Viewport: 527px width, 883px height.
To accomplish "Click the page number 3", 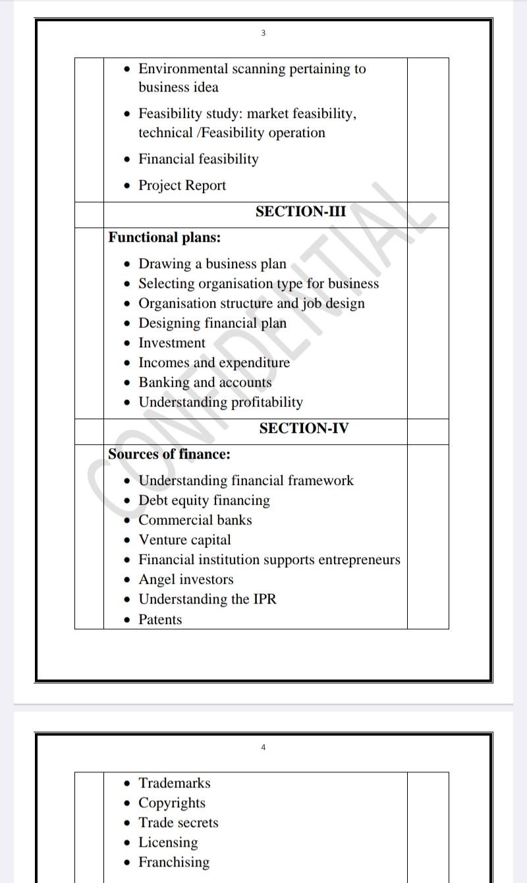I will (x=263, y=34).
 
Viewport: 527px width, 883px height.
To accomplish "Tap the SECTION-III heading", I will (x=300, y=212).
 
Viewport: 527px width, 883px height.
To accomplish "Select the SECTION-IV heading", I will (x=304, y=428).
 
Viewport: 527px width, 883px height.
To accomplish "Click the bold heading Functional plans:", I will (x=164, y=237).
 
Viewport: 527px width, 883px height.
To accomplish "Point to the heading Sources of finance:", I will (x=169, y=454).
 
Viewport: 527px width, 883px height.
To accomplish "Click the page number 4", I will (x=263, y=747).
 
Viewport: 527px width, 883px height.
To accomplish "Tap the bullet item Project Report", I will (x=182, y=186).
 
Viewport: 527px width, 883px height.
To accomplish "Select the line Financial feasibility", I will (x=198, y=159).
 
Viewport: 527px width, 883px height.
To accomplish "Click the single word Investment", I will (x=172, y=343).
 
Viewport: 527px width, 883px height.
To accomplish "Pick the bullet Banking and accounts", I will (x=205, y=383).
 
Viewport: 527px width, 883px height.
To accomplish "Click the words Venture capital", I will (x=184, y=540).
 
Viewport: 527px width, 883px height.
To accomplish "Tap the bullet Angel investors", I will (x=186, y=580).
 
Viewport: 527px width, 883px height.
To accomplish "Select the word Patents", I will (x=160, y=619).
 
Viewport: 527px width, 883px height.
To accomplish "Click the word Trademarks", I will (x=175, y=783).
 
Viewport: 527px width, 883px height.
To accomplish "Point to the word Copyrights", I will (x=172, y=803).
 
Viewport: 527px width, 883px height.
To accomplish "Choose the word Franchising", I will (x=174, y=862).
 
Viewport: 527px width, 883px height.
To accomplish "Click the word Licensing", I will (x=168, y=842).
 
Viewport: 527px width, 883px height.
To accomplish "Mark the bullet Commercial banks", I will (x=195, y=521).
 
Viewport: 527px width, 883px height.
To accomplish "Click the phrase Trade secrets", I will (x=178, y=822).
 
